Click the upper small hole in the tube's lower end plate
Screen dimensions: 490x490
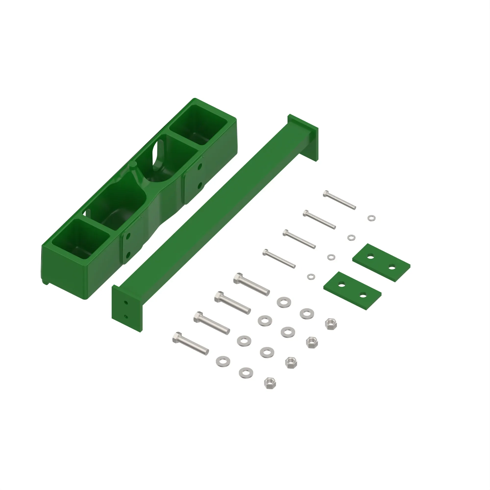pyautogui.click(x=126, y=303)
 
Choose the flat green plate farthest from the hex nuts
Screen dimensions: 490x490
pyautogui.click(x=381, y=263)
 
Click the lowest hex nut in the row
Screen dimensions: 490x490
pyautogui.click(x=270, y=383)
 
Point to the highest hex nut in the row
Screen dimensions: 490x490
pyautogui.click(x=331, y=324)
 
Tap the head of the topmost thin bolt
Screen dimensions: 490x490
pyautogui.click(x=326, y=194)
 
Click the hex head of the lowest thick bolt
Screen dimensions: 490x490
pyautogui.click(x=177, y=338)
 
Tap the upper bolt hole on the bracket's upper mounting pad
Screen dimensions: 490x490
pyautogui.click(x=200, y=167)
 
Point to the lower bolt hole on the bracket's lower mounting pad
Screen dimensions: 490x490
pyautogui.click(x=128, y=254)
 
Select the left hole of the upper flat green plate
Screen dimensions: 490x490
pyautogui.click(x=370, y=257)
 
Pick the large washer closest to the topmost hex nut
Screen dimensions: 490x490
pyautogui.click(x=307, y=314)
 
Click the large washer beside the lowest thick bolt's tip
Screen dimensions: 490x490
pyautogui.click(x=223, y=361)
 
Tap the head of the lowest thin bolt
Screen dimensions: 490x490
pyautogui.click(x=266, y=252)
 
